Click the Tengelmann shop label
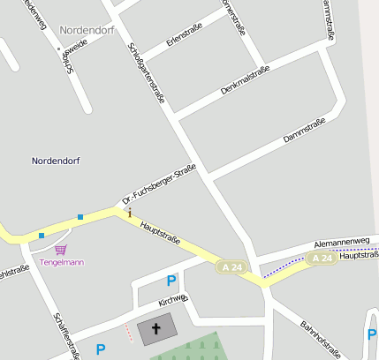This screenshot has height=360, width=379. click(61, 262)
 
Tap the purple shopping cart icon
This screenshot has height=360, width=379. click(60, 250)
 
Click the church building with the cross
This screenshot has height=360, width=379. click(157, 330)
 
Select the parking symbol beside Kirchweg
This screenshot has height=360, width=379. click(171, 281)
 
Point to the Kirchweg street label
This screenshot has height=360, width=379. click(172, 300)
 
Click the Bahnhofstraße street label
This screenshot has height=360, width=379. click(320, 340)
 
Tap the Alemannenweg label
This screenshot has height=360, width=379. click(342, 242)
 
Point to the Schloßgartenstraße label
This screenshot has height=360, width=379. click(146, 72)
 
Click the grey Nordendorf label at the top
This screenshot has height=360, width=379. click(87, 30)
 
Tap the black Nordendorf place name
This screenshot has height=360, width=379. click(57, 161)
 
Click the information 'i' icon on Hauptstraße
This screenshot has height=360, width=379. click(130, 213)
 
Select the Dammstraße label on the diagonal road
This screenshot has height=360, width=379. click(304, 131)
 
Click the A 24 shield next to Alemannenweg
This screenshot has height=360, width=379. click(322, 258)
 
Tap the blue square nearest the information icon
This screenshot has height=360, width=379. click(80, 217)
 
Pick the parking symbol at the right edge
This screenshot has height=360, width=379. click(372, 334)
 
